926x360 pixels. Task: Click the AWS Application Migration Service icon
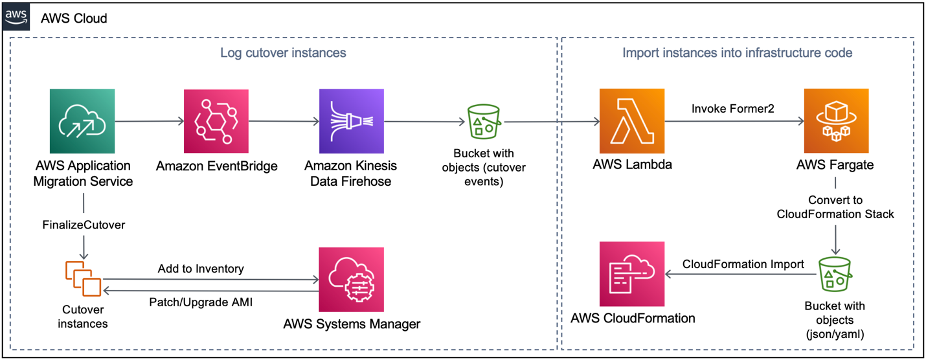(x=82, y=121)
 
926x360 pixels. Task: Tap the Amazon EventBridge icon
(x=216, y=121)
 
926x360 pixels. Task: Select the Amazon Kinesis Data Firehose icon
(x=351, y=121)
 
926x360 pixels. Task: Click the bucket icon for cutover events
(x=484, y=122)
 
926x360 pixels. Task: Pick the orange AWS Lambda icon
(x=632, y=121)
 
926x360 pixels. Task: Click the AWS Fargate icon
(x=835, y=121)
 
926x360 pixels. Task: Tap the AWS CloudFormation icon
(x=632, y=274)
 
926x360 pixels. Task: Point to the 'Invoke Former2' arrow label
(x=732, y=108)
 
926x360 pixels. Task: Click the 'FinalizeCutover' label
(x=82, y=225)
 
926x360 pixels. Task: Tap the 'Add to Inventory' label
(x=201, y=268)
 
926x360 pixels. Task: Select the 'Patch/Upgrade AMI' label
(x=200, y=302)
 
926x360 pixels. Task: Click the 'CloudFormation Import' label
(x=743, y=264)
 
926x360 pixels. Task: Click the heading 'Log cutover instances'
(x=283, y=52)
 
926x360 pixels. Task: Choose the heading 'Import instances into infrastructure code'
(x=737, y=52)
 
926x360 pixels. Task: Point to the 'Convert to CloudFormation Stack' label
(x=835, y=207)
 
